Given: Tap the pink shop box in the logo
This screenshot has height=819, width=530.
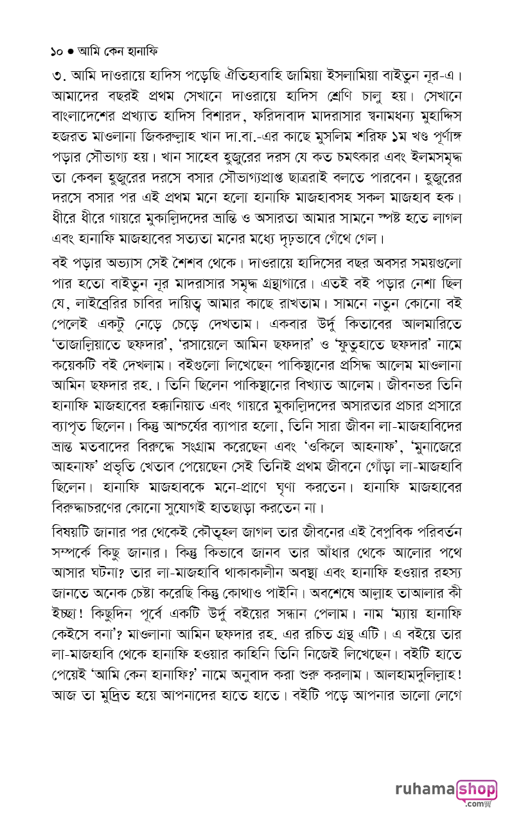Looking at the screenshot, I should (476, 789).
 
